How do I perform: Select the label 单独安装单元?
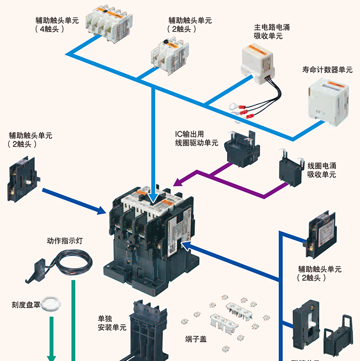pyautogui.click(x=112, y=323)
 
